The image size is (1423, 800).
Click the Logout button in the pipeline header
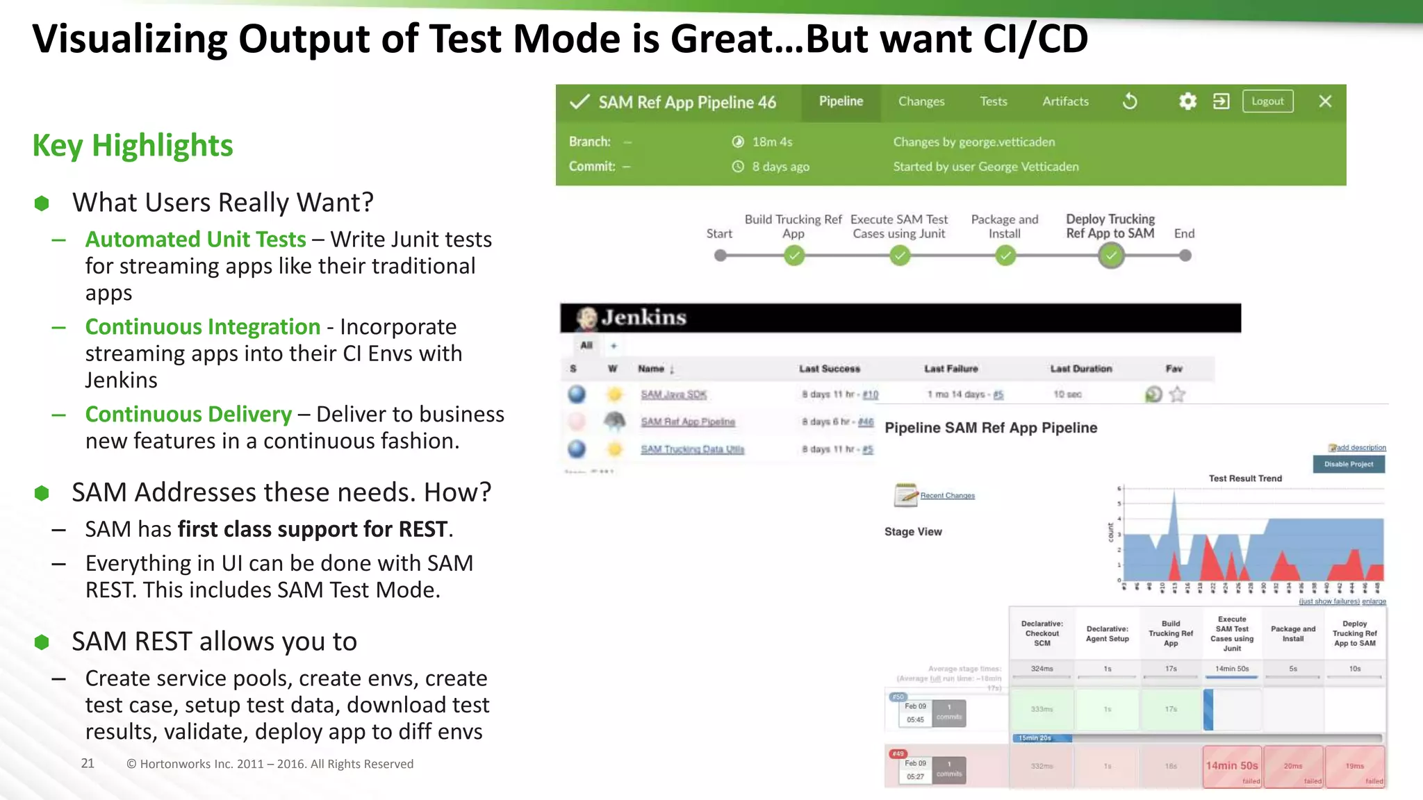[x=1267, y=101]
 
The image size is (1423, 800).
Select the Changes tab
[x=921, y=101]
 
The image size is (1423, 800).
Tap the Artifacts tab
[x=1065, y=101]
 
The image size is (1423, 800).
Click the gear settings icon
[x=1187, y=101]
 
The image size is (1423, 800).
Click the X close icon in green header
[x=1325, y=101]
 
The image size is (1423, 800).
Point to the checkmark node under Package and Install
[x=1005, y=256]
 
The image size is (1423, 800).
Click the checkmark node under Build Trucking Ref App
[x=793, y=256]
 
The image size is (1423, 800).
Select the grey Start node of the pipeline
[x=721, y=256]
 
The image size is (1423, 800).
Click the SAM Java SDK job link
[x=673, y=394]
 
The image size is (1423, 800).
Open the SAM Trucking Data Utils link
[x=692, y=449]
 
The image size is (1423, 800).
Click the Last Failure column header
[x=951, y=369]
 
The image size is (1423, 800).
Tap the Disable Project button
[x=1348, y=464]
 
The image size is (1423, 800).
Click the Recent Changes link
[x=947, y=496]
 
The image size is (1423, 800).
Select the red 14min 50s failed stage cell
[x=1232, y=767]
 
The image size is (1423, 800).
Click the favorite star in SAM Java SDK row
[x=1177, y=394]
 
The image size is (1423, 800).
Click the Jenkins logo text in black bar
[x=643, y=318]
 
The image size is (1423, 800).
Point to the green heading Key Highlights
[x=133, y=146]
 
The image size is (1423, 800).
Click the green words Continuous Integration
[x=203, y=326]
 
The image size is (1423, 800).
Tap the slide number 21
[x=88, y=763]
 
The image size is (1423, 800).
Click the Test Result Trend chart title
[x=1245, y=478]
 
